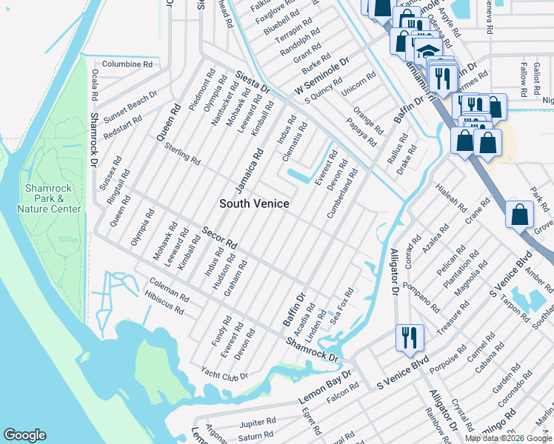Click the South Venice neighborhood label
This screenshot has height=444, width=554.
point(254,203)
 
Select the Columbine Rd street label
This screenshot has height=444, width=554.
point(127,64)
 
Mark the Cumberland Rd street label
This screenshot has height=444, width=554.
point(342,194)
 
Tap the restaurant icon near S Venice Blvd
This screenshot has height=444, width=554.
point(410,338)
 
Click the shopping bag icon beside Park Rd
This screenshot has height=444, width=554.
point(520,214)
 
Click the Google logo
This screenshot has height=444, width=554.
point(24,435)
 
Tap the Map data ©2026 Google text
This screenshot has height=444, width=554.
point(508,438)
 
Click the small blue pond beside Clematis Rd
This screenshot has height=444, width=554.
point(303,176)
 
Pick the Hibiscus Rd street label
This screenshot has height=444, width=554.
point(166,305)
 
